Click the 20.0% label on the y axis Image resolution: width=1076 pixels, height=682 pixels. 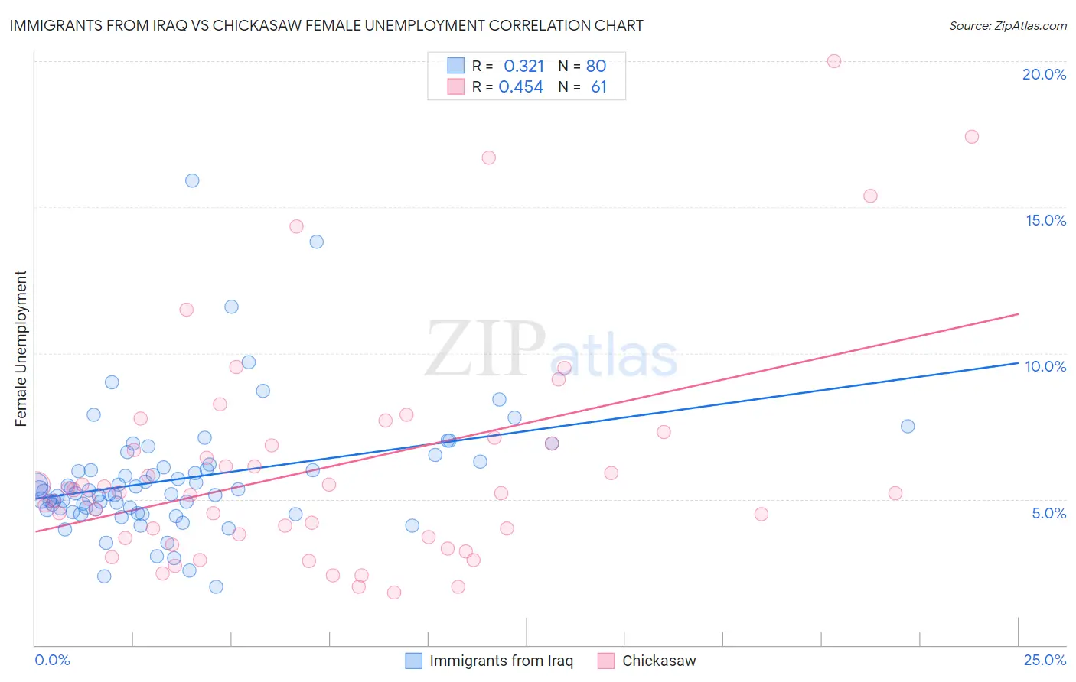pyautogui.click(x=1044, y=74)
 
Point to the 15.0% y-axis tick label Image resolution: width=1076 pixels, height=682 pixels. pyautogui.click(x=1045, y=220)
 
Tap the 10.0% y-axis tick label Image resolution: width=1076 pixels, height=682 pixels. pyautogui.click(x=1045, y=366)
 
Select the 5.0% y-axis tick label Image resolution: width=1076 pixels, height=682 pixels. pyautogui.click(x=1048, y=513)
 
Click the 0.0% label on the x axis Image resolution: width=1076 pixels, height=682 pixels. pyautogui.click(x=52, y=660)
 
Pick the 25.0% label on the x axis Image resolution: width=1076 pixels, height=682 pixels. pyautogui.click(x=1045, y=660)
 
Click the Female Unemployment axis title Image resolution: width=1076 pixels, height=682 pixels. pyautogui.click(x=21, y=349)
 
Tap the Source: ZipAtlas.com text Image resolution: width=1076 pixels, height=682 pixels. pyautogui.click(x=1007, y=25)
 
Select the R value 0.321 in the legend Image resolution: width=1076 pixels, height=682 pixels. pyautogui.click(x=523, y=67)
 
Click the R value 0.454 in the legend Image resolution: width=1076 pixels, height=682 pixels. pyautogui.click(x=520, y=87)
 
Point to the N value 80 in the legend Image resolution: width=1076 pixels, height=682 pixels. pyautogui.click(x=595, y=67)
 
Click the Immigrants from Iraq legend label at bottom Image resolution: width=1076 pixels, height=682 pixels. pyautogui.click(x=501, y=661)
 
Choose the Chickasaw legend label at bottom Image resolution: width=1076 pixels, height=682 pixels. pyautogui.click(x=659, y=661)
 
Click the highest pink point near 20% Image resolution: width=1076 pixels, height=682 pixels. pyautogui.click(x=834, y=61)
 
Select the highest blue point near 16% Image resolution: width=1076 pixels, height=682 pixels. pyautogui.click(x=192, y=180)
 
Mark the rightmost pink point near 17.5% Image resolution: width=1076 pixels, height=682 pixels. pyautogui.click(x=972, y=137)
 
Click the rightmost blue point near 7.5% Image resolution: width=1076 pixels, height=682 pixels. pyautogui.click(x=908, y=426)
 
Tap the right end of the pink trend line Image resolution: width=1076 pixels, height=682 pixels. pyautogui.click(x=1019, y=314)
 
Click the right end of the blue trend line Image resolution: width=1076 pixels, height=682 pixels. pyautogui.click(x=1019, y=363)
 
